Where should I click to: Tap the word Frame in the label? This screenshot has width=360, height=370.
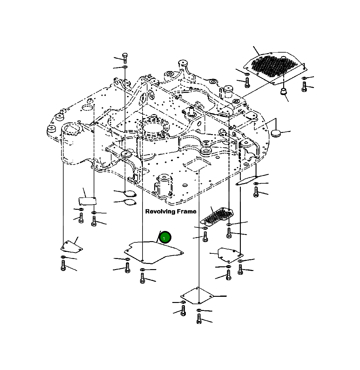185,211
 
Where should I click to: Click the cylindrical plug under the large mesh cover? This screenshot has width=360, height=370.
283,91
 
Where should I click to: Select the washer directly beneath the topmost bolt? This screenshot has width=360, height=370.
125,67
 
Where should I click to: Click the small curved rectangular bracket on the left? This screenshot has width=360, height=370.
87,201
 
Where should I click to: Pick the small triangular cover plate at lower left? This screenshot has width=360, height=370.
71,247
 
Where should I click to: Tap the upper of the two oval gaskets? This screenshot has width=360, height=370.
129,193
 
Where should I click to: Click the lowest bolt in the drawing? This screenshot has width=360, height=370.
199,319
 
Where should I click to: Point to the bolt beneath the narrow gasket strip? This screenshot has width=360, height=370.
256,192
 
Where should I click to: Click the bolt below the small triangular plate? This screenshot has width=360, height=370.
63,265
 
